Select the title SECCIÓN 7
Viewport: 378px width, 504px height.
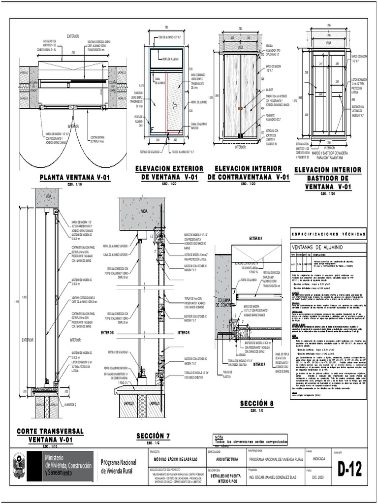pyautogui.click(x=153, y=436)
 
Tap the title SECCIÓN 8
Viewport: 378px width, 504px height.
pyautogui.click(x=256, y=404)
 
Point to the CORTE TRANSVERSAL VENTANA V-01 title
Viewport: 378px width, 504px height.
pyautogui.click(x=51, y=435)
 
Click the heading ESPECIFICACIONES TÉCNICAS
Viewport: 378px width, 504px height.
pyautogui.click(x=327, y=234)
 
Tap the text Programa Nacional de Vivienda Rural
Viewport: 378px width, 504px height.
pyautogui.click(x=118, y=466)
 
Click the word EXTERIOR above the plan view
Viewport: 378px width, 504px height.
pyautogui.click(x=73, y=36)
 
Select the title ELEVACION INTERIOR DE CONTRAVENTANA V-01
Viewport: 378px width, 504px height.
pyautogui.click(x=248, y=173)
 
